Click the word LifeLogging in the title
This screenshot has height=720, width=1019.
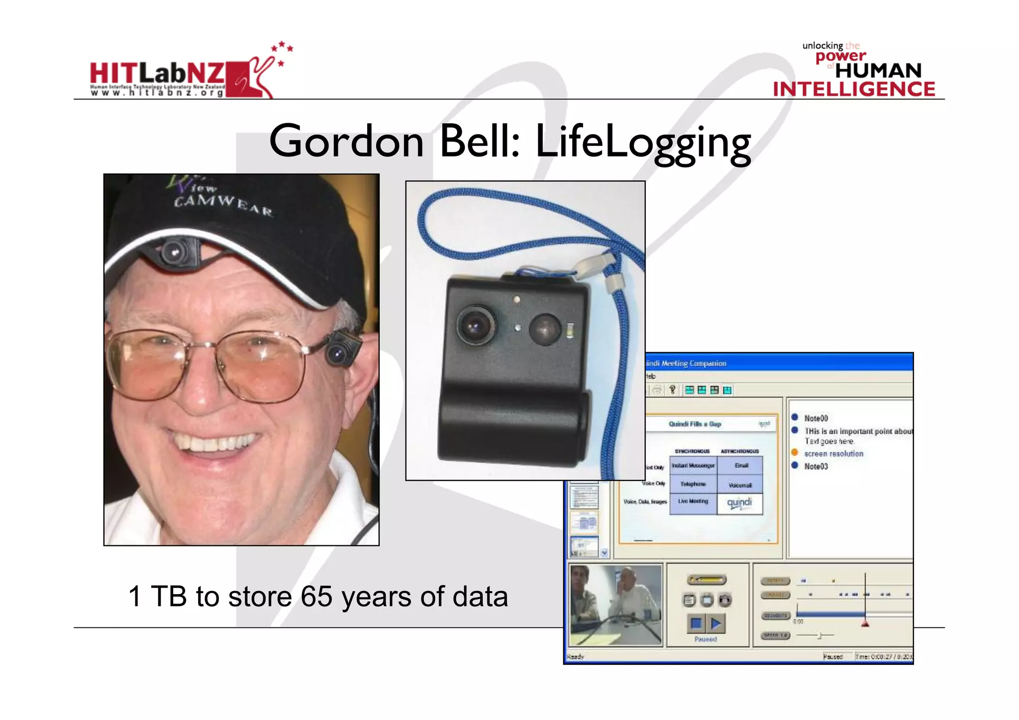pyautogui.click(x=642, y=143)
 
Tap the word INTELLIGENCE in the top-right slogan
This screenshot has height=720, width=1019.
pyautogui.click(x=854, y=90)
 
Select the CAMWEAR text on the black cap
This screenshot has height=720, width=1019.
pyautogui.click(x=223, y=205)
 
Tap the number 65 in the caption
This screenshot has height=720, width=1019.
pyautogui.click(x=316, y=596)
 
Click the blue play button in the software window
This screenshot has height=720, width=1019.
pyautogui.click(x=716, y=623)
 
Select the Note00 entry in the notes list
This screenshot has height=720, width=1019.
pyautogui.click(x=816, y=418)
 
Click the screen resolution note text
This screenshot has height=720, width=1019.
pyautogui.click(x=833, y=454)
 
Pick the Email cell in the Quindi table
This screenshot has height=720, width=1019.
pyautogui.click(x=741, y=466)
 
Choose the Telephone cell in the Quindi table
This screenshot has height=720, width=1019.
pyautogui.click(x=693, y=484)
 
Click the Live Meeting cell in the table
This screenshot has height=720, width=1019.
pyautogui.click(x=693, y=502)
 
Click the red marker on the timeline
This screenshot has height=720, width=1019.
pyautogui.click(x=865, y=623)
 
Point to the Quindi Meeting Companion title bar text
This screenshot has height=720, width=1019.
pyautogui.click(x=687, y=364)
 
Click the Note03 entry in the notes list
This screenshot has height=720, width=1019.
pyautogui.click(x=816, y=466)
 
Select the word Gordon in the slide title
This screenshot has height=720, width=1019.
pyautogui.click(x=346, y=142)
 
